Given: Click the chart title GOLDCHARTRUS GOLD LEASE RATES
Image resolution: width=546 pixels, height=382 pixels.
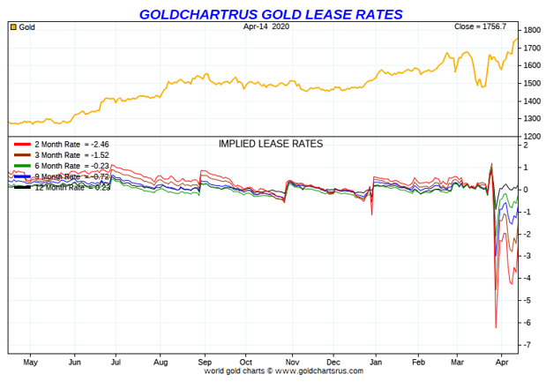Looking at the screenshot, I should [272, 13].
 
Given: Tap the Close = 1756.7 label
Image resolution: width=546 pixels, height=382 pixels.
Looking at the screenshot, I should [484, 27].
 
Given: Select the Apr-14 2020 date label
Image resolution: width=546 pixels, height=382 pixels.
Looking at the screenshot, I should [266, 26].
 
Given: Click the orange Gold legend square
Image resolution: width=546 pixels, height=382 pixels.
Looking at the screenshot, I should [13, 27].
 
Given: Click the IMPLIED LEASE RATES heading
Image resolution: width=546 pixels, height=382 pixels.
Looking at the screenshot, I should [270, 143].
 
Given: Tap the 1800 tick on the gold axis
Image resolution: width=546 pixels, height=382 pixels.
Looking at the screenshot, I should [531, 30].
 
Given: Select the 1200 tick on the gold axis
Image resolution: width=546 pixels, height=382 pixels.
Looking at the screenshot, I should [531, 137].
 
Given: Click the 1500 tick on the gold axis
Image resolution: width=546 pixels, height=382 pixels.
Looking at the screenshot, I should [531, 84].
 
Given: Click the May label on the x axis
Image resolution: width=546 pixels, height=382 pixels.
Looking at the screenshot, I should [30, 362].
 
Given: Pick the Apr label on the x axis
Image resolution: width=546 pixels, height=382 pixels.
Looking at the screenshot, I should [501, 362].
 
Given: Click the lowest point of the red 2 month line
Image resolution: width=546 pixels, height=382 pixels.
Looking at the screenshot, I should [496, 327].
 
